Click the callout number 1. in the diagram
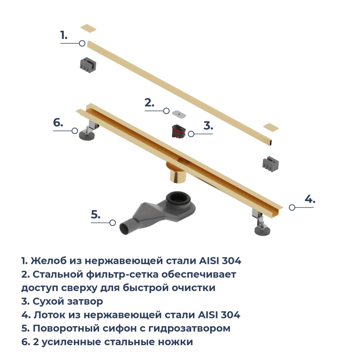pos(64,35)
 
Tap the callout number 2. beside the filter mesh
pos(150,103)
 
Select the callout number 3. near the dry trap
pos(208,125)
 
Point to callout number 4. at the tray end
pos(310,199)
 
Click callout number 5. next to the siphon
pos(96,215)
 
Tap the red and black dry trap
pos(179,131)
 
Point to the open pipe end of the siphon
pos(124,228)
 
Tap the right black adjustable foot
pos(262,230)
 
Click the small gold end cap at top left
pos(88,28)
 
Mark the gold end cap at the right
pos(271,127)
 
